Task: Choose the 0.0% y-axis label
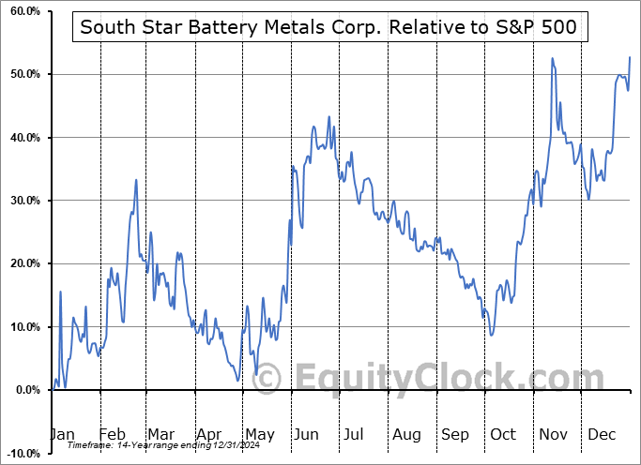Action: [x=24, y=390]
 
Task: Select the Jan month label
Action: [x=61, y=435]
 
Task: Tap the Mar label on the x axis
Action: [x=160, y=435]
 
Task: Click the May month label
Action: [x=259, y=435]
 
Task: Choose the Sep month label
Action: [x=456, y=435]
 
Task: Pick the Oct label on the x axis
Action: [x=503, y=435]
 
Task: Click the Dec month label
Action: [x=601, y=435]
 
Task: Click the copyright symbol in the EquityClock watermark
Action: [x=268, y=379]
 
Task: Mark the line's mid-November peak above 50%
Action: [x=552, y=58]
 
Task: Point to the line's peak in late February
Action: [x=136, y=180]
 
